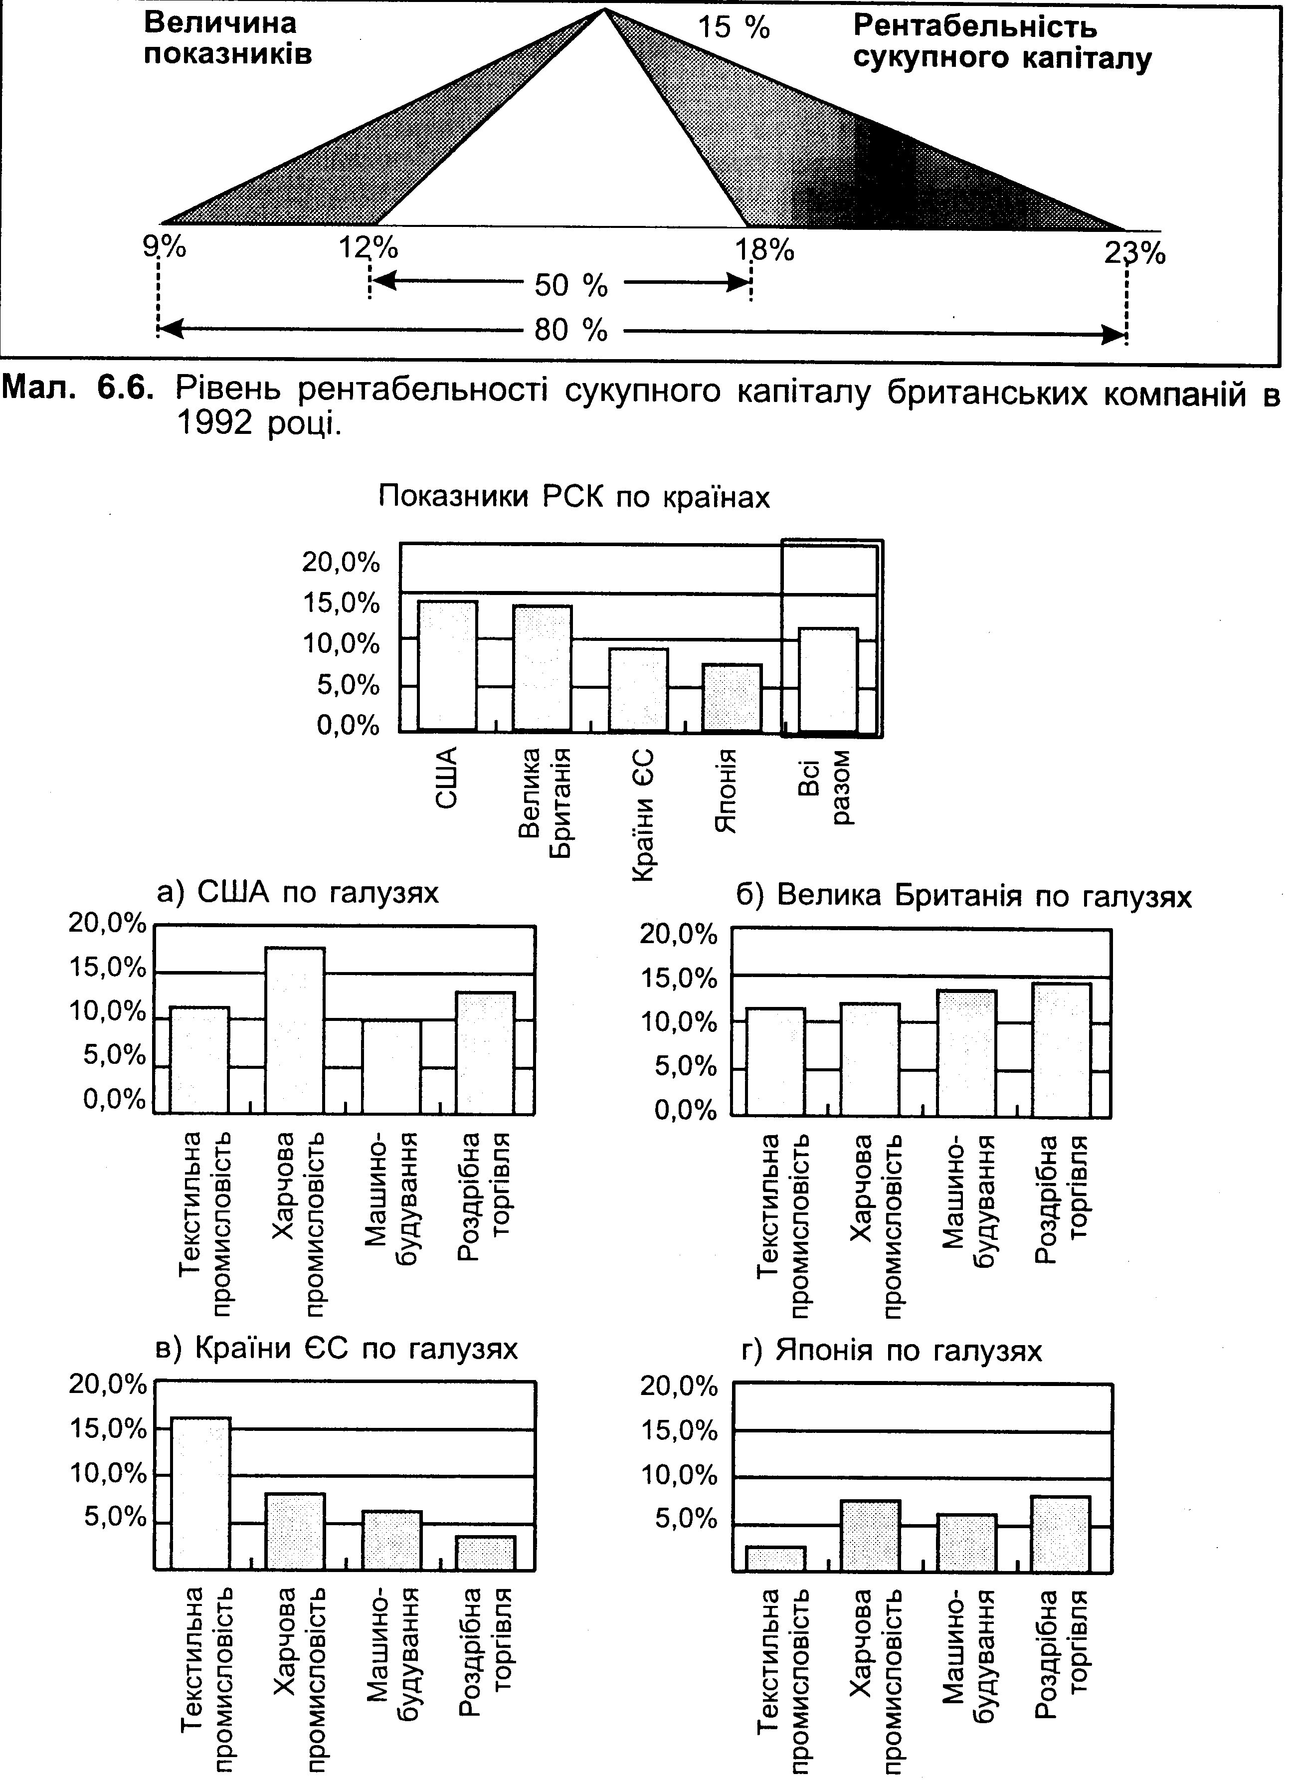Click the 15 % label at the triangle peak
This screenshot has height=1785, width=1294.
pos(734,28)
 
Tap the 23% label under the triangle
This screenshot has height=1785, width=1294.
pos(1134,253)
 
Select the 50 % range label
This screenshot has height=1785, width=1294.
pos(571,285)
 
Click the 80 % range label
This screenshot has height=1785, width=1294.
pos(571,330)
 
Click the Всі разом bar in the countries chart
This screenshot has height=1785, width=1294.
pos(828,680)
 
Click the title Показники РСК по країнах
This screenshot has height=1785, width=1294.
pos(574,497)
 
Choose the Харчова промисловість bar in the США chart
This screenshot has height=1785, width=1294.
pos(295,1030)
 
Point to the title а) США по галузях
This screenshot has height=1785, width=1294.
pos(298,893)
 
